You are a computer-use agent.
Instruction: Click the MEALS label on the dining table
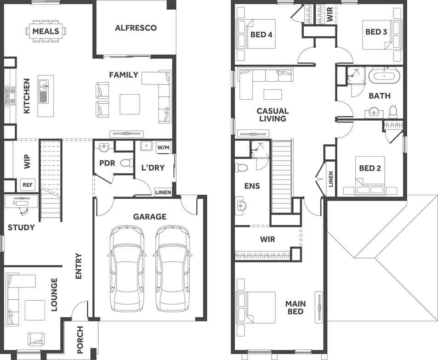pos(46,31)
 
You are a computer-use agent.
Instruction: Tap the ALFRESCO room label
pos(136,28)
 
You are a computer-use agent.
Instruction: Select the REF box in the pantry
pos(28,185)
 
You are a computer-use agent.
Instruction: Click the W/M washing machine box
pos(163,147)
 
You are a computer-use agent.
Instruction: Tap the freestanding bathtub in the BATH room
pos(384,75)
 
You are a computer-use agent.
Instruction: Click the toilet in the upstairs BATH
pos(393,111)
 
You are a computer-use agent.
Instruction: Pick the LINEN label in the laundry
pos(163,192)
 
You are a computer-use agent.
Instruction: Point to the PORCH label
pos(80,340)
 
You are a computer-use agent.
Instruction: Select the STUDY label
pos(21,228)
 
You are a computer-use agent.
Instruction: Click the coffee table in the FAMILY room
pos(130,104)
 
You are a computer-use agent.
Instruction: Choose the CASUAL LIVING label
pos(273,115)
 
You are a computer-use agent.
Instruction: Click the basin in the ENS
pos(240,207)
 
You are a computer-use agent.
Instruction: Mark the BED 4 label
pos(261,35)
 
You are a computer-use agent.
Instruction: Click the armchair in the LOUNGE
pos(36,339)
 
